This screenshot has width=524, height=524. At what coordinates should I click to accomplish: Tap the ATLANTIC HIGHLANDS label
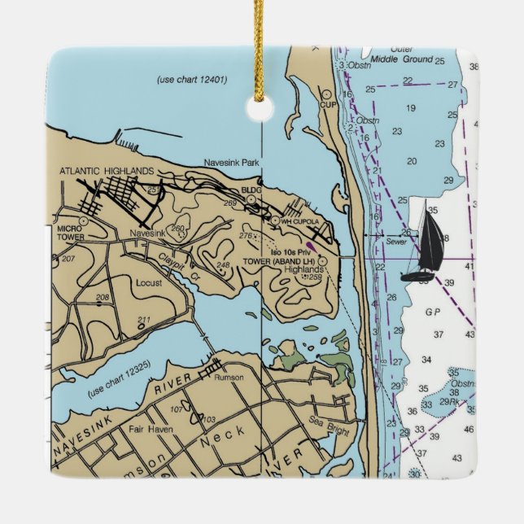click(107, 171)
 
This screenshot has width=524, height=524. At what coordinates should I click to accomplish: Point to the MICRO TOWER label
click(71, 233)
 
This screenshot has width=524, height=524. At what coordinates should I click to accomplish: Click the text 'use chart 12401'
click(191, 80)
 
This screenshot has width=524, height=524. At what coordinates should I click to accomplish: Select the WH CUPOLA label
click(297, 221)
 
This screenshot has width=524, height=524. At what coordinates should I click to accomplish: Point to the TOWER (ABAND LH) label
click(279, 261)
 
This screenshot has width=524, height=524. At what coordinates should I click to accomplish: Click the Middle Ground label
click(400, 59)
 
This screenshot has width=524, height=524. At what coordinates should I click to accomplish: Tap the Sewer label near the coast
click(396, 242)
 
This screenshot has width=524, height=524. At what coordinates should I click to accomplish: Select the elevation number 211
click(144, 319)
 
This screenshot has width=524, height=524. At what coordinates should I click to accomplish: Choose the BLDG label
click(251, 189)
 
